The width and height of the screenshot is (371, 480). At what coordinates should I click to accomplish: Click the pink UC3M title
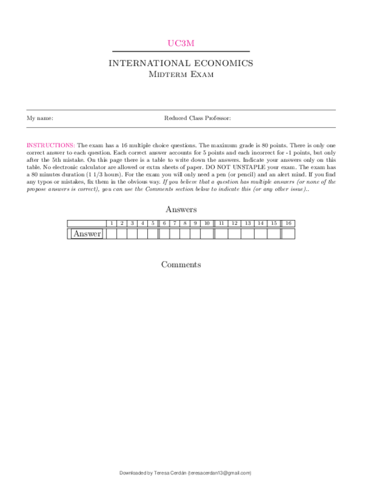181,43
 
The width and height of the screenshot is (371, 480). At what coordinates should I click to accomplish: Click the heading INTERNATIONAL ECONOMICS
181,63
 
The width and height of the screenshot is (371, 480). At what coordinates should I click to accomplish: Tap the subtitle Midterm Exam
181,74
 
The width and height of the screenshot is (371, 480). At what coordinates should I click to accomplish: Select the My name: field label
40,118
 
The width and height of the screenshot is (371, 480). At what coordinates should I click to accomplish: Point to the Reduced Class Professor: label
197,118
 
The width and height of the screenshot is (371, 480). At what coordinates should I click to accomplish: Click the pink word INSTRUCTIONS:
50,145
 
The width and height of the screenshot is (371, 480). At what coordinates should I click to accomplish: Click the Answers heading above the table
181,209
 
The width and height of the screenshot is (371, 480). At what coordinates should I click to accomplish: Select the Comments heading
181,265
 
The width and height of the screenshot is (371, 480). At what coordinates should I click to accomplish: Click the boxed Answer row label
87,234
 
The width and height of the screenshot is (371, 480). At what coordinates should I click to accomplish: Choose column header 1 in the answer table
112,224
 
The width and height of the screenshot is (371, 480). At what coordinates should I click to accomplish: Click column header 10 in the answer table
207,224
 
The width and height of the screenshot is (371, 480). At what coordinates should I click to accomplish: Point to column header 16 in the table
288,224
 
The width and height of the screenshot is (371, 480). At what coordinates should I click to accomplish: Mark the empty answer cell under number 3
132,234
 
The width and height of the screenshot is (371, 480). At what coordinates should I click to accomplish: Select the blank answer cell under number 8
185,234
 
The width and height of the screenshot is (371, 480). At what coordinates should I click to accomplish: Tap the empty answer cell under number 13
248,234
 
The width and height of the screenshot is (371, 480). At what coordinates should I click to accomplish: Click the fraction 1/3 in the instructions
94,175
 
